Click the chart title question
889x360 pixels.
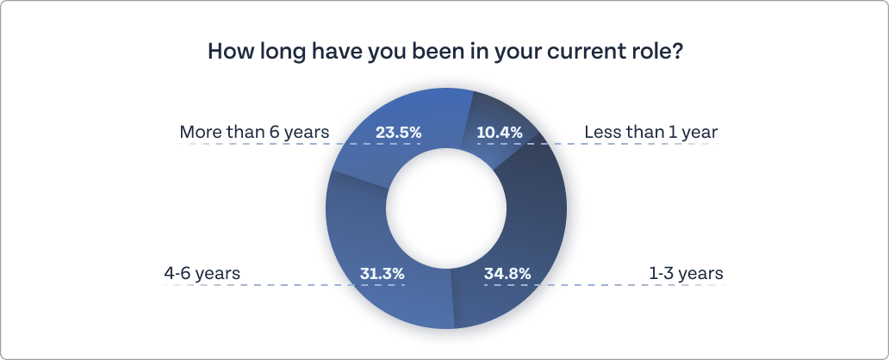[x=445, y=51]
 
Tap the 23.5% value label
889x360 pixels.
[x=399, y=133]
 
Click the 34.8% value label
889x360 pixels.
[x=508, y=274]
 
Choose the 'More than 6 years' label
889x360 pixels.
[x=254, y=133]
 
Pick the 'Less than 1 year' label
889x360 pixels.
[x=650, y=133]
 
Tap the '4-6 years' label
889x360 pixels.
[x=202, y=274]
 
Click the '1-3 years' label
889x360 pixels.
[x=686, y=274]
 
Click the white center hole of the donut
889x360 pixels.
[x=445, y=208]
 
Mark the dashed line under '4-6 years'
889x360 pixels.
[x=258, y=285]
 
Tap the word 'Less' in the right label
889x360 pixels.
[x=601, y=133]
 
